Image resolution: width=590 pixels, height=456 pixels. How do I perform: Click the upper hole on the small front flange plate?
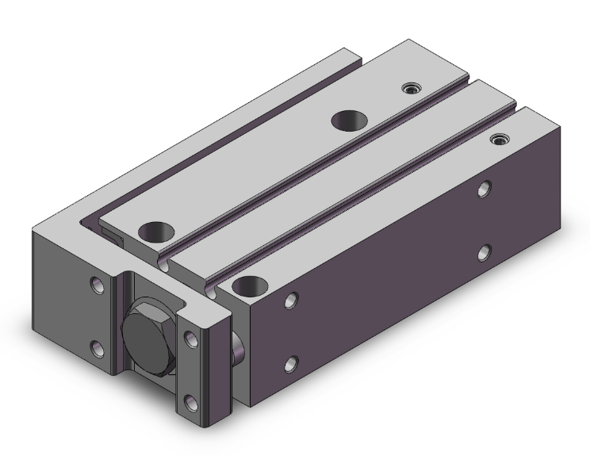click(x=190, y=339)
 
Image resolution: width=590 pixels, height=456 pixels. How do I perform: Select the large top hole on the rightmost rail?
click(x=249, y=284)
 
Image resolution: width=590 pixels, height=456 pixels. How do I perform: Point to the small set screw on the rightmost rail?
click(x=499, y=140)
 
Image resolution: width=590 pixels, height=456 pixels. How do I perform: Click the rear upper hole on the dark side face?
click(x=484, y=189)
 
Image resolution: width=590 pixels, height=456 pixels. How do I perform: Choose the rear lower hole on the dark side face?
click(x=484, y=253)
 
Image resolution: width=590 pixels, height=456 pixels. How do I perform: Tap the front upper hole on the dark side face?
click(x=291, y=301)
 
